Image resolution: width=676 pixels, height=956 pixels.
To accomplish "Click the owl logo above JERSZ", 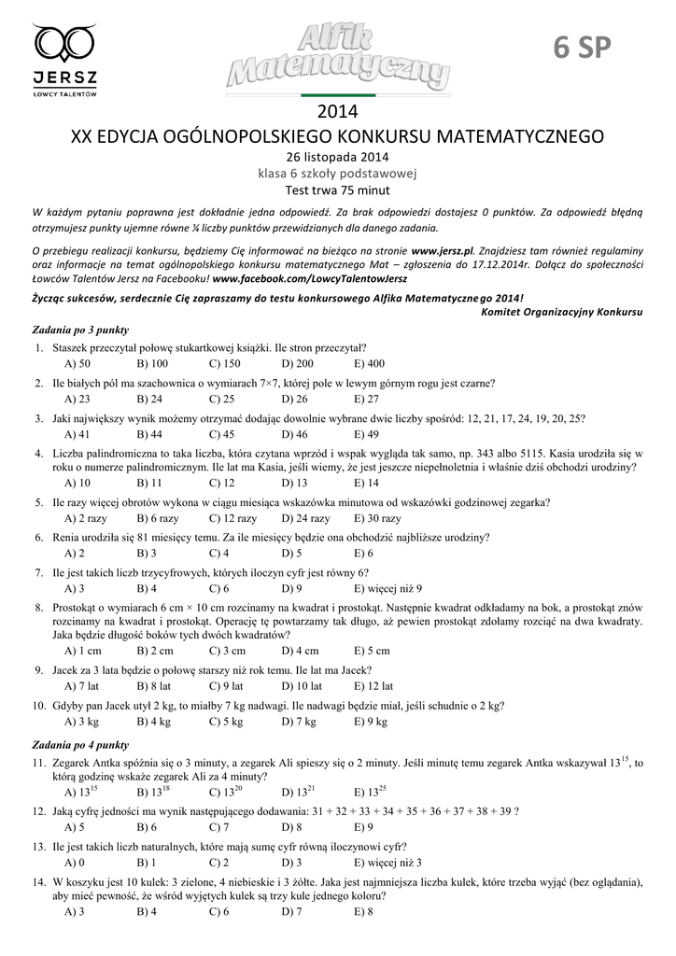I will click(x=64, y=44).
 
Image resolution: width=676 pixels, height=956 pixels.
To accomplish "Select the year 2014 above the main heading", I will click(x=338, y=113).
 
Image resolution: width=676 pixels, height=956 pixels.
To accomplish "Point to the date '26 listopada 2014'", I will click(x=337, y=157).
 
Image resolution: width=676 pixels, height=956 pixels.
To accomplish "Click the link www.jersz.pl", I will click(x=443, y=251).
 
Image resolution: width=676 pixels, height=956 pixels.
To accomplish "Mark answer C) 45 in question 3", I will click(x=221, y=434).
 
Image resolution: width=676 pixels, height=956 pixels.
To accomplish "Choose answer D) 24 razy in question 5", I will click(x=305, y=518).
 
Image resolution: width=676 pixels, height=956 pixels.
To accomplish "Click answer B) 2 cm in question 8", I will click(x=155, y=651).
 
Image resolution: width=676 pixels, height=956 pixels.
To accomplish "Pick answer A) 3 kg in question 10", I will click(x=81, y=722).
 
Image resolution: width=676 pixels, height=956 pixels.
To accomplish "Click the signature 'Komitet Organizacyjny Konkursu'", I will click(x=561, y=312).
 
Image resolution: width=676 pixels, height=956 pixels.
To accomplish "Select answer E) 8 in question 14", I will click(x=363, y=912).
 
